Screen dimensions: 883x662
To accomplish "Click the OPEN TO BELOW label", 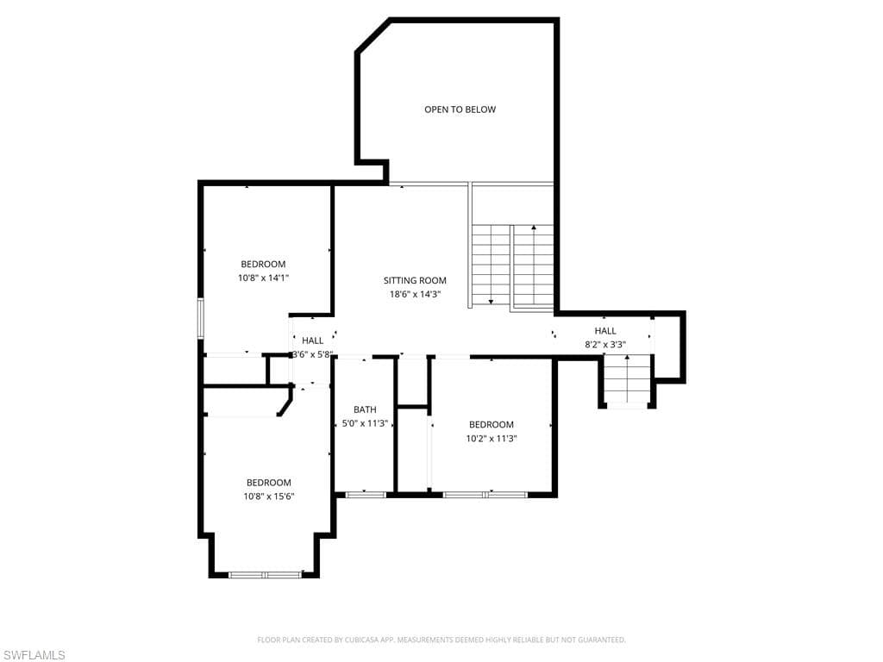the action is pyautogui.click(x=460, y=109).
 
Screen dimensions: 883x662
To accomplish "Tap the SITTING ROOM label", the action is pyautogui.click(x=415, y=280).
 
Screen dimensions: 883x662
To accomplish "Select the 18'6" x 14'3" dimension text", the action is pyautogui.click(x=415, y=295).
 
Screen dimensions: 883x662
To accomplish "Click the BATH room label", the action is pyautogui.click(x=365, y=409).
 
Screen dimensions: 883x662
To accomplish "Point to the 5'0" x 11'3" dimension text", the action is pyautogui.click(x=365, y=423).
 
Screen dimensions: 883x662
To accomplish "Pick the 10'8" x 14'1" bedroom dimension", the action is pyautogui.click(x=263, y=278).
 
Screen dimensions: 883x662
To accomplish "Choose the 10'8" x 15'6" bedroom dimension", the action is pyautogui.click(x=269, y=496).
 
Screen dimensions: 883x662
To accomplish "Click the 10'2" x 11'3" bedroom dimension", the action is pyautogui.click(x=492, y=439).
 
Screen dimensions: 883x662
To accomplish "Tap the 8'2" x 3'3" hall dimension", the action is pyautogui.click(x=605, y=345).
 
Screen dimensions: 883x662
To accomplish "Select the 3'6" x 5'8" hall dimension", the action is pyautogui.click(x=312, y=354).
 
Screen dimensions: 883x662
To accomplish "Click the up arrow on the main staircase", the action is pyautogui.click(x=533, y=265).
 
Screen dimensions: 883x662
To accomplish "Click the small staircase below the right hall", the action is pyautogui.click(x=627, y=379).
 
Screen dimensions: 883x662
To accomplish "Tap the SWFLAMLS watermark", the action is pyautogui.click(x=33, y=655).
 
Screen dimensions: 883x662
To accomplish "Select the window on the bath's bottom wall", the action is pyautogui.click(x=366, y=495).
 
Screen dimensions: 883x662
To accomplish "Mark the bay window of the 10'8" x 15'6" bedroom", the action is pyautogui.click(x=266, y=575).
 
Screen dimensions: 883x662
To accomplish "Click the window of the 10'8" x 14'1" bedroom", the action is pyautogui.click(x=200, y=318).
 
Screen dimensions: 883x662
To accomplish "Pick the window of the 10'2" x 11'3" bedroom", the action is pyautogui.click(x=485, y=495).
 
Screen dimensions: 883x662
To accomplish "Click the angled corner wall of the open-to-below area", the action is pyautogui.click(x=373, y=36).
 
